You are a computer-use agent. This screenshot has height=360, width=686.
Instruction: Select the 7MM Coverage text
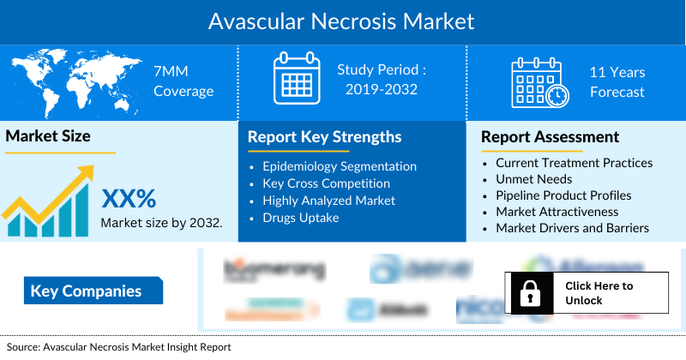(x=183, y=81)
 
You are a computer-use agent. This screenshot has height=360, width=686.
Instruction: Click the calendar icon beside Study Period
(x=296, y=80)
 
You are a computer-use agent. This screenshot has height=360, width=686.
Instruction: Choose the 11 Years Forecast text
(x=617, y=82)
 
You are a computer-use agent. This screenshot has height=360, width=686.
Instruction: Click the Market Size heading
(x=48, y=136)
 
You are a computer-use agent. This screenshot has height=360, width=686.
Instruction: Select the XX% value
(x=129, y=200)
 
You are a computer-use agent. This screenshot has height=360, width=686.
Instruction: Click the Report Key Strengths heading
(x=324, y=137)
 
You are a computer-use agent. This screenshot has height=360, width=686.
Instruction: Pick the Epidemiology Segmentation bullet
(x=340, y=166)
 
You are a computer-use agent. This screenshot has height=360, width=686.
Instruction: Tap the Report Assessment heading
(x=550, y=137)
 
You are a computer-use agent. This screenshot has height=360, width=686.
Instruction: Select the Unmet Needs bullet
(x=533, y=179)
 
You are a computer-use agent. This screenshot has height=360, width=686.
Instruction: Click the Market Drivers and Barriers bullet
(x=572, y=228)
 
